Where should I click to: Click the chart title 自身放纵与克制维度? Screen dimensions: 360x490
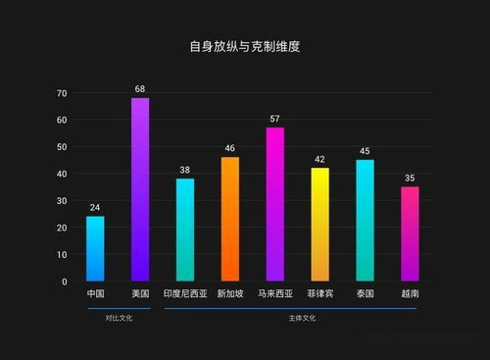244,46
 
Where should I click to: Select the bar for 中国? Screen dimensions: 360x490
95,248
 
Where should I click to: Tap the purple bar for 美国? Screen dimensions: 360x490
140,189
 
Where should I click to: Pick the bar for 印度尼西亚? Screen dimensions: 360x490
185,230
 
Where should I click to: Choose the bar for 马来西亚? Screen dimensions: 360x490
274,204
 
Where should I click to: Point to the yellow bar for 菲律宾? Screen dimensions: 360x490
319,225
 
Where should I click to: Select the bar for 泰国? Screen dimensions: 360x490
365,221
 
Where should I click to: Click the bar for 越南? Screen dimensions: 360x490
410,233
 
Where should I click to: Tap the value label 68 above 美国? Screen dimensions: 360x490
140,89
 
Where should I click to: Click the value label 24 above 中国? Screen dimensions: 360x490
95,208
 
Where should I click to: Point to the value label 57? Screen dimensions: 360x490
274,119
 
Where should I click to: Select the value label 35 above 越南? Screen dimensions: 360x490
410,179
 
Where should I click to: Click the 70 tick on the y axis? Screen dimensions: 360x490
62,93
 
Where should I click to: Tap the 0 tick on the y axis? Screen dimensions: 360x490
65,282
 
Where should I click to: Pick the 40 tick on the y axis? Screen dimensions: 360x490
62,174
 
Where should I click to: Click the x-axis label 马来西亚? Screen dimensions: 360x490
274,294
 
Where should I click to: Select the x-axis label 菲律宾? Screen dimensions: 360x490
319,294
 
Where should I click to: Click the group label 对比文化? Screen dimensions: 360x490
118,318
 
